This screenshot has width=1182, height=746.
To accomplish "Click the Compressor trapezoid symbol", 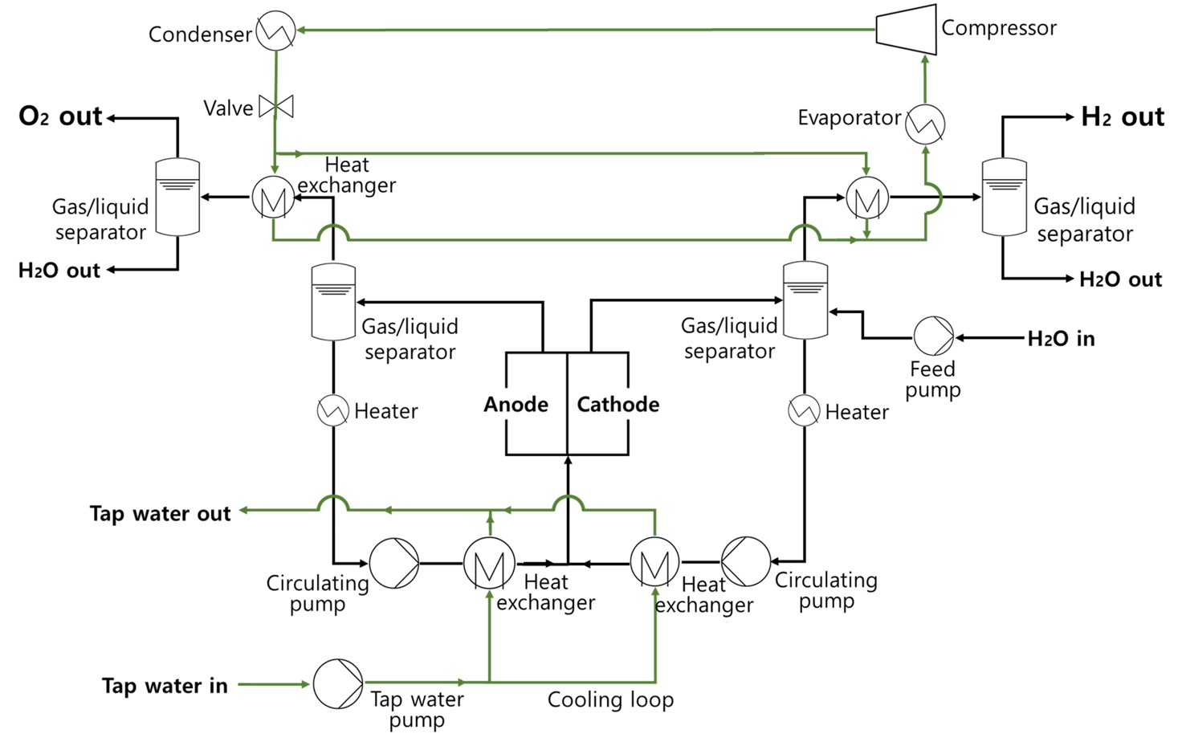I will [x=906, y=30].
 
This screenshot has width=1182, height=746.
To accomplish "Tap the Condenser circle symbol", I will [x=275, y=31].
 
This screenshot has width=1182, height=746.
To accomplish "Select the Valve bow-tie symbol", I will [x=276, y=106].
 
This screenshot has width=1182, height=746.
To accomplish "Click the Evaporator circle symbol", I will [x=925, y=124].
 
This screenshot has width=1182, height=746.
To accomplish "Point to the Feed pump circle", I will [x=934, y=336].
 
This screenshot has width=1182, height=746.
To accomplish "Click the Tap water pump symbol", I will [x=337, y=684].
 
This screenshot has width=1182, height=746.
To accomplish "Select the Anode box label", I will [x=516, y=404].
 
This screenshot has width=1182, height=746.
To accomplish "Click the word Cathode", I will [x=617, y=404].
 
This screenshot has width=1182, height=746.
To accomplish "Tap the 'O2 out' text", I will [x=60, y=116].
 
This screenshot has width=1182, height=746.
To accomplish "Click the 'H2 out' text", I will [x=1122, y=117].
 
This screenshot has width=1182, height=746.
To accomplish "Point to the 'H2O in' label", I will [x=1061, y=338].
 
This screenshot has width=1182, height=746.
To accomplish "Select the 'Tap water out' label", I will [x=160, y=513].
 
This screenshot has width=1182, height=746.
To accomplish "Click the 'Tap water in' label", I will [x=165, y=686].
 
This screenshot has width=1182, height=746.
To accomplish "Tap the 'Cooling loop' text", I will [x=610, y=699].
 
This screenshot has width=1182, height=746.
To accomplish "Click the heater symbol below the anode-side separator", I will [x=332, y=410].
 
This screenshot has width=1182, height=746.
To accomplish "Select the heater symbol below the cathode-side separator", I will [x=804, y=410].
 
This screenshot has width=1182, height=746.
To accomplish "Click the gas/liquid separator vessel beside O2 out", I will [x=177, y=197].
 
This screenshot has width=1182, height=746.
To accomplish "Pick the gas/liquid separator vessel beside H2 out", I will [x=1004, y=197].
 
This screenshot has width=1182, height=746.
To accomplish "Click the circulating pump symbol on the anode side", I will [x=393, y=563].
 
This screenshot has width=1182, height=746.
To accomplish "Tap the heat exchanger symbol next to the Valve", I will [x=273, y=197].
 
